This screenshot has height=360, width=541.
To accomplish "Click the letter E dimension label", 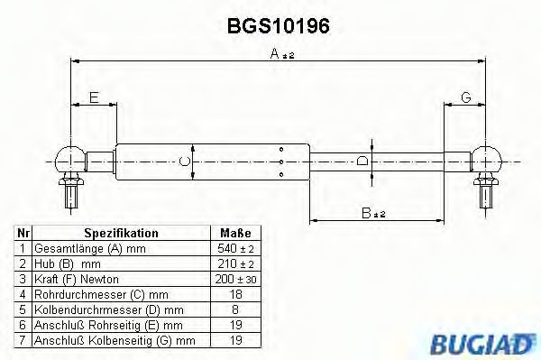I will tap(93, 97).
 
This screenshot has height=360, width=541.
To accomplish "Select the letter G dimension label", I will tap(465, 97).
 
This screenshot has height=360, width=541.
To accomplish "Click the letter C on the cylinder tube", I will tap(183, 162).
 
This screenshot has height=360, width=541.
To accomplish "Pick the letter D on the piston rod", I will tap(362, 162).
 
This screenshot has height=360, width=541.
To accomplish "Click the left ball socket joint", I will tap(69, 160).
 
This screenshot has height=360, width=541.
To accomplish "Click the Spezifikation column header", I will tap(121, 233).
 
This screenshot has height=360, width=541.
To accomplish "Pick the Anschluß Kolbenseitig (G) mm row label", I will tap(114, 339).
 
